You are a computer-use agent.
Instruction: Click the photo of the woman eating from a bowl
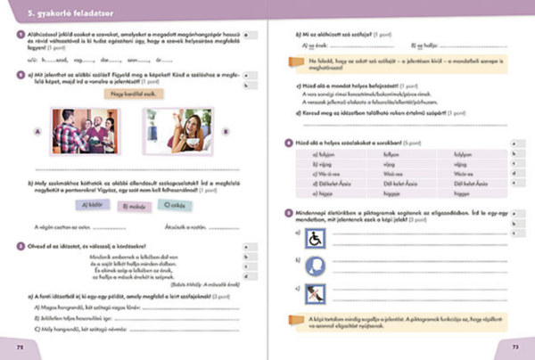coord(178,131)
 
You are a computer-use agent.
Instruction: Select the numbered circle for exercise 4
coord(286,143)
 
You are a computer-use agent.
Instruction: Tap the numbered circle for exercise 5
coord(286,212)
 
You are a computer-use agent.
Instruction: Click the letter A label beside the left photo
coord(37,130)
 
